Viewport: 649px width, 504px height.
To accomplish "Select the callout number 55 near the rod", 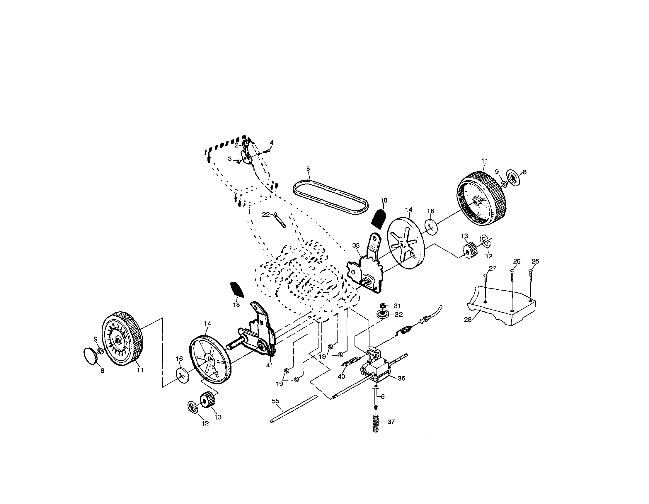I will (275, 401).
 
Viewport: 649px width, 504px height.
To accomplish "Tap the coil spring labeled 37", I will (376, 424).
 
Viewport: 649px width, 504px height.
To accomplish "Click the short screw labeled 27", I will (486, 278).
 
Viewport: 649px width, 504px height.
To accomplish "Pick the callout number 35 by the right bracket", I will (356, 245).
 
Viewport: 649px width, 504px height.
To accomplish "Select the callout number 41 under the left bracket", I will (269, 365).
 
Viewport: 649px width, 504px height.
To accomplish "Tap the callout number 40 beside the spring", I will (341, 376).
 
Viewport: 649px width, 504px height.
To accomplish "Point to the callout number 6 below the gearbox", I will (383, 396).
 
